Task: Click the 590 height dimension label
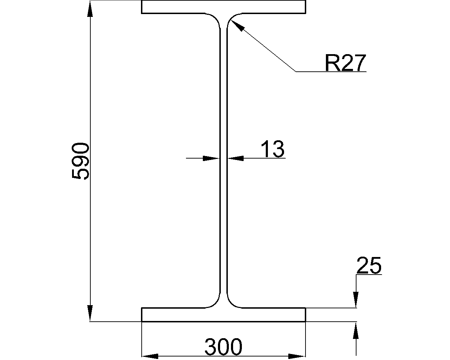click(80, 161)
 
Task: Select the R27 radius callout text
click(345, 63)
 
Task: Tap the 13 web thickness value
click(272, 149)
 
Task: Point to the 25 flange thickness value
click(369, 266)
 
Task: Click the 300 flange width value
click(223, 347)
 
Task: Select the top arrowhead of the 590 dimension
click(90, 9)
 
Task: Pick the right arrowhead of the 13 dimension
click(235, 159)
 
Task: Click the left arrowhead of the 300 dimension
click(149, 356)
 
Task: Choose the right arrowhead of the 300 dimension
click(297, 356)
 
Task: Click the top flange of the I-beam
click(223, 7)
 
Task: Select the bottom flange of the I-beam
click(223, 315)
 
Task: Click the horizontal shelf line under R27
click(330, 72)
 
